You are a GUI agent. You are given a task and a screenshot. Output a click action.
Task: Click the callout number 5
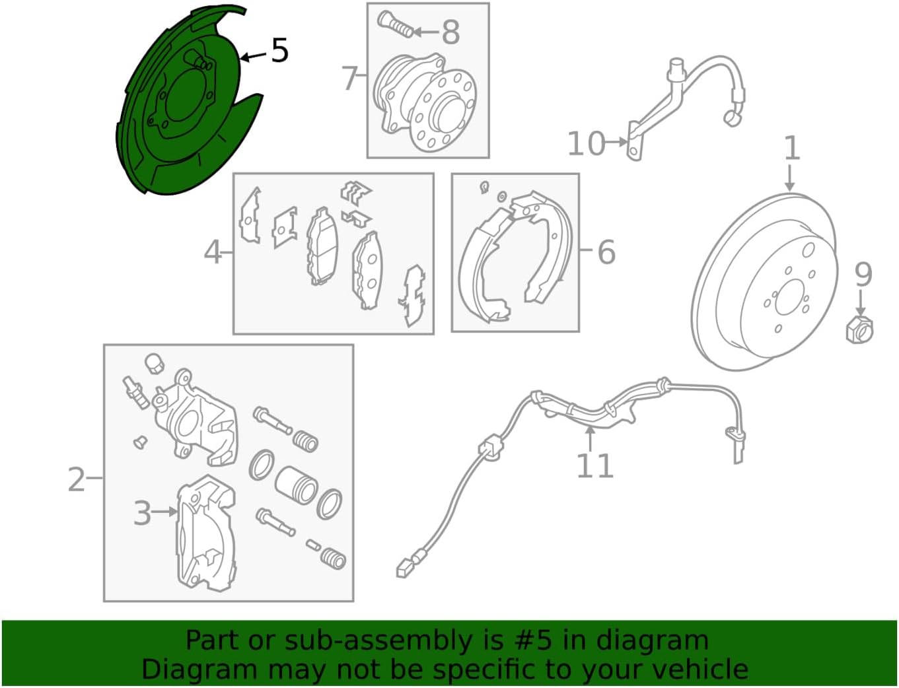(279, 50)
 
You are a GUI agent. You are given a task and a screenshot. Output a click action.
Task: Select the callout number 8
(450, 32)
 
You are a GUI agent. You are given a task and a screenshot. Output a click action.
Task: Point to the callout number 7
(350, 79)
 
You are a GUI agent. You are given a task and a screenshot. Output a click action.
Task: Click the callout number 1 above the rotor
(792, 148)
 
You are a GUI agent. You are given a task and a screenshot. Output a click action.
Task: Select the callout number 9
(863, 275)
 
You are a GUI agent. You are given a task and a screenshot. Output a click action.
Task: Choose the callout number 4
(213, 252)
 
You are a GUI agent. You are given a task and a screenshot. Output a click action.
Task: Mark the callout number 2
(77, 479)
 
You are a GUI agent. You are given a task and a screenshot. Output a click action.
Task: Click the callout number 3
(142, 512)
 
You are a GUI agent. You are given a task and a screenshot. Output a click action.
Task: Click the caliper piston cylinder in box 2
(296, 485)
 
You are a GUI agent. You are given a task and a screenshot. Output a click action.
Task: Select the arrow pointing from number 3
(164, 512)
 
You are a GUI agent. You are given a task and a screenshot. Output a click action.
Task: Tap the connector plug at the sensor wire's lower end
(403, 572)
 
